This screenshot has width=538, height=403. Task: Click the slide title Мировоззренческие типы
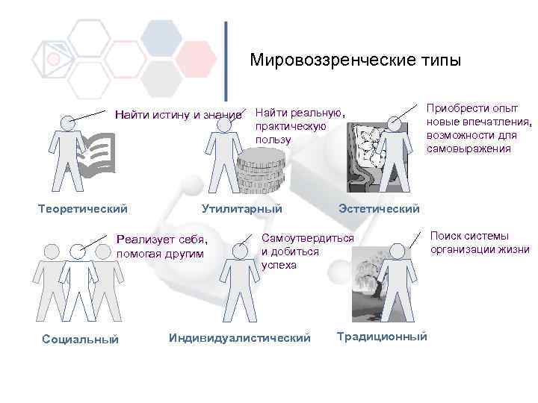click(x=356, y=60)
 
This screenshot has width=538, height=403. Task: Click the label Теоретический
click(x=83, y=208)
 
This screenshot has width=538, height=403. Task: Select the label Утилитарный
click(x=242, y=208)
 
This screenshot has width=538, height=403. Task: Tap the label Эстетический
click(x=379, y=208)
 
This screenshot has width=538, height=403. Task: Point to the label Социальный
click(x=81, y=339)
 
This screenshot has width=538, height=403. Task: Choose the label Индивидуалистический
click(x=240, y=338)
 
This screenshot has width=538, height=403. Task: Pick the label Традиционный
click(x=382, y=337)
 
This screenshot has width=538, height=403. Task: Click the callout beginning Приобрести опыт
click(x=478, y=128)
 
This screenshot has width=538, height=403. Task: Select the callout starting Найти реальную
click(x=300, y=125)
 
